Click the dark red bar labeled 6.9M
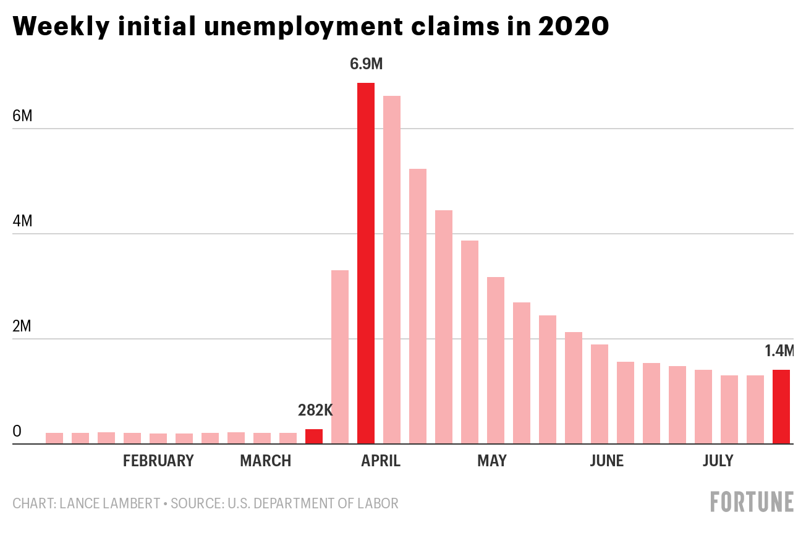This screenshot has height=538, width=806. [x=365, y=263]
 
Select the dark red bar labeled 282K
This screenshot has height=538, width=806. [x=314, y=437]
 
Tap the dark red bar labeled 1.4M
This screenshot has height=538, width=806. [x=781, y=407]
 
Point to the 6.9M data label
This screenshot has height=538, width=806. [x=366, y=64]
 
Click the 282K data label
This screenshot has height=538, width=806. [x=315, y=410]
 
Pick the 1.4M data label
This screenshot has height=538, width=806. [x=779, y=351]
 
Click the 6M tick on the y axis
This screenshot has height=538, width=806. [x=22, y=116]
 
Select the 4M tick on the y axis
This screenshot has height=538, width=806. [x=22, y=221]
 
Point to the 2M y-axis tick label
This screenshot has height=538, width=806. [x=22, y=326]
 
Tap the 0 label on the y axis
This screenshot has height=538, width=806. [x=17, y=431]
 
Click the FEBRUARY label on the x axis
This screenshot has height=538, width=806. [x=158, y=461]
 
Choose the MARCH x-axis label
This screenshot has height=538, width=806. [x=265, y=461]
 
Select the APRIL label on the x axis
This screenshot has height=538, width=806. [x=381, y=461]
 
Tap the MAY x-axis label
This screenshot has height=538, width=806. [x=491, y=461]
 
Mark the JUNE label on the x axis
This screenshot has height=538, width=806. [x=606, y=461]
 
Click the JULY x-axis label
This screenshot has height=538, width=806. [x=718, y=461]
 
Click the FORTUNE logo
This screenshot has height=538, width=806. [x=752, y=502]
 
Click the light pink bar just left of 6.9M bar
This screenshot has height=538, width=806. [x=340, y=357]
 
